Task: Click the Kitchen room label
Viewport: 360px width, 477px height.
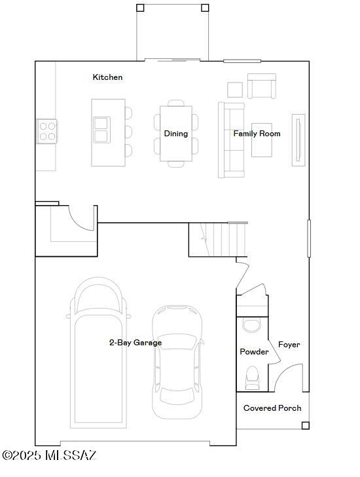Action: click(107, 77)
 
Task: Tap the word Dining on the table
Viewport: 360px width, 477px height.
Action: click(176, 134)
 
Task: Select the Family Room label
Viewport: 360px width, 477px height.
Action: click(257, 134)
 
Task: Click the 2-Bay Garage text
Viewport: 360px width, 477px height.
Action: click(135, 343)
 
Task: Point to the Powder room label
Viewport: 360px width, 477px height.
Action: click(254, 352)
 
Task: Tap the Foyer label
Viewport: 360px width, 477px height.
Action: click(289, 345)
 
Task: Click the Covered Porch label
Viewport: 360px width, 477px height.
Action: click(272, 408)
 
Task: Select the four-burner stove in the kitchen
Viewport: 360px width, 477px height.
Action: click(47, 132)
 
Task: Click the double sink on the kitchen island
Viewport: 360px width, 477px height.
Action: click(101, 130)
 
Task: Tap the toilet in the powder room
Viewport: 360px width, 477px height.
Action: click(252, 378)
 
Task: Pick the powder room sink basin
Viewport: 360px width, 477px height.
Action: click(251, 325)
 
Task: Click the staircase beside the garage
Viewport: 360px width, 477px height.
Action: click(218, 240)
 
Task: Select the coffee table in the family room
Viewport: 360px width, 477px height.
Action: click(262, 140)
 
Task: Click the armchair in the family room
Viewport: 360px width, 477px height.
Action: click(262, 86)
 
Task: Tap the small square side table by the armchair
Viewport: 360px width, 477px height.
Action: click(235, 90)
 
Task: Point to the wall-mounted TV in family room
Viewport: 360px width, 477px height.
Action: click(298, 140)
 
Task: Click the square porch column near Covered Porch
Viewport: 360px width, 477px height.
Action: click(305, 426)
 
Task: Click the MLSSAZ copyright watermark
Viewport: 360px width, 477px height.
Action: click(49, 455)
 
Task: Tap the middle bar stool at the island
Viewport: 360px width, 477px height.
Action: click(128, 132)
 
